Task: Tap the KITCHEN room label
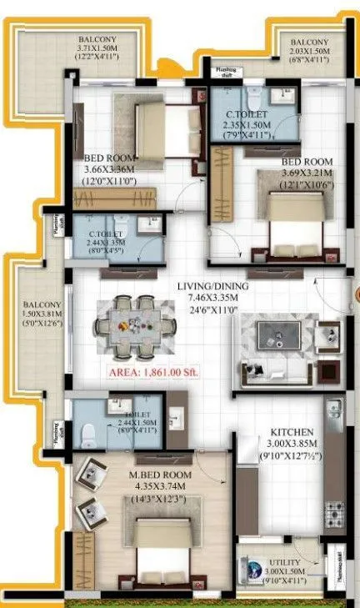click(x=291, y=432)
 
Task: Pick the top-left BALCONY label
click(x=98, y=39)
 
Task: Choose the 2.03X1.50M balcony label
click(x=310, y=51)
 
